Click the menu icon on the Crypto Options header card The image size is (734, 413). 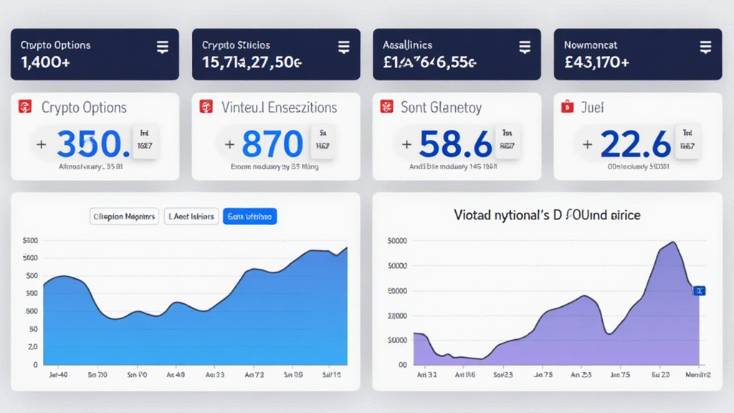coord(162,48)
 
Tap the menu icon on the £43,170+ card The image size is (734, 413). coord(705,48)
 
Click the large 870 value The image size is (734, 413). coord(272,144)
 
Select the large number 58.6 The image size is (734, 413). coord(456,144)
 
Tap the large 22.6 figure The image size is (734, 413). coord(636,144)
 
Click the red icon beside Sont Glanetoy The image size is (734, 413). coord(387,108)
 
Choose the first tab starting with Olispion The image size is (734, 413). coord(124,216)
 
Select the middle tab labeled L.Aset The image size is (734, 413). coord(191,216)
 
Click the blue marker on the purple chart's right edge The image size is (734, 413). coord(700,290)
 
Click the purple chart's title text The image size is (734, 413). coord(547,214)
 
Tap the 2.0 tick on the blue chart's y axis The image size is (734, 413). coord(32,347)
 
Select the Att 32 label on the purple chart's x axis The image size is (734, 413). coord(426,375)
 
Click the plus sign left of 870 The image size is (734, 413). coord(229,144)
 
